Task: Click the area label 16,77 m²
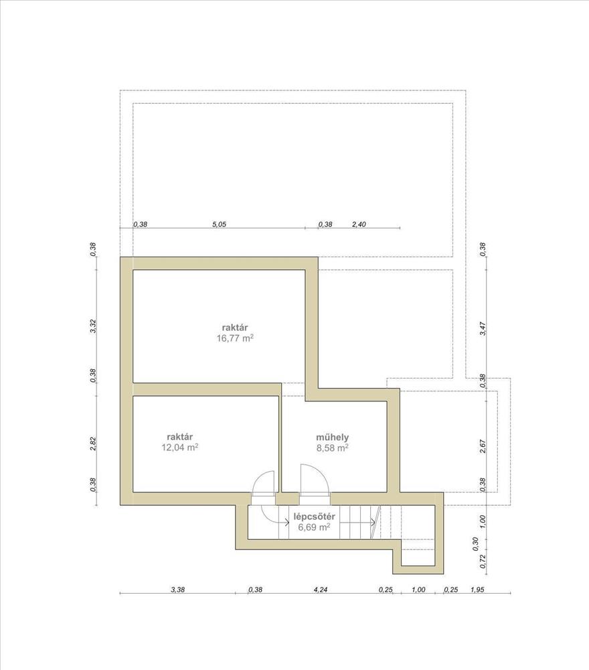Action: click(x=235, y=339)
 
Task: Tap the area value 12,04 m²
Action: click(x=179, y=448)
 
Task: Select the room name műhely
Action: click(x=333, y=438)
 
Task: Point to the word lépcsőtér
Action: click(x=315, y=517)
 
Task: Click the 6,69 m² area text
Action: click(x=315, y=527)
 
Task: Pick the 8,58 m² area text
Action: click(x=333, y=448)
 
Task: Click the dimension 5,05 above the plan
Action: click(x=219, y=224)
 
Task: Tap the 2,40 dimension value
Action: click(x=359, y=224)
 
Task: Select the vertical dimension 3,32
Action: click(x=93, y=326)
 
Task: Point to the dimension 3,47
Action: click(x=483, y=329)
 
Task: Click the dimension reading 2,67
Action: click(x=483, y=446)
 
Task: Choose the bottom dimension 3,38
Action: click(x=178, y=590)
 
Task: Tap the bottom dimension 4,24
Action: click(x=321, y=590)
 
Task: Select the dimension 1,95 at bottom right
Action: click(x=478, y=590)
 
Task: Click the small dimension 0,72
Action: click(x=483, y=561)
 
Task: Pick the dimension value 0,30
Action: click(x=475, y=543)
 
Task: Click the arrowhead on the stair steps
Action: click(x=373, y=522)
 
